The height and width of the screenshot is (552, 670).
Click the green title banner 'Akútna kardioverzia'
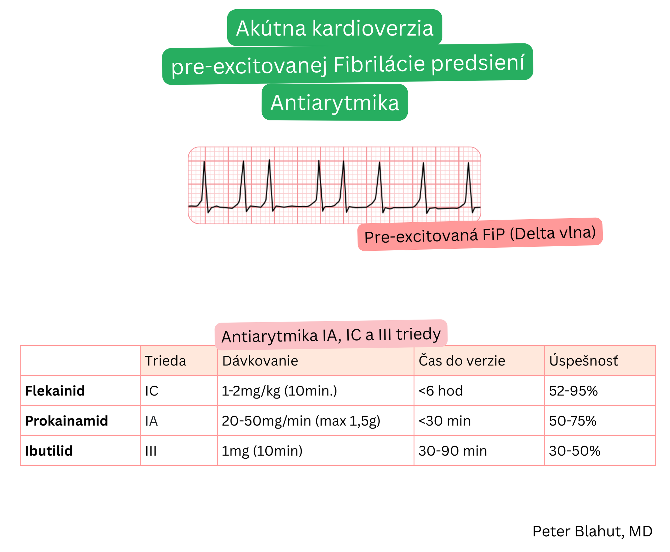pos(334,28)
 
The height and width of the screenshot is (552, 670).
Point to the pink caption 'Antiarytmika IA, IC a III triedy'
pos(331,335)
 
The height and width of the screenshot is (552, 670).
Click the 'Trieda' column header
pos(165,361)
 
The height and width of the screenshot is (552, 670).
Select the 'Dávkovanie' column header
pos(260,361)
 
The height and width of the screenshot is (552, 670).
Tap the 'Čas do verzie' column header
pos(461,361)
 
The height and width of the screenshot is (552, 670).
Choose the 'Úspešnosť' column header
pos(583,361)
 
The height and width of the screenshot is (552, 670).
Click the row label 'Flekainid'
pos(55,391)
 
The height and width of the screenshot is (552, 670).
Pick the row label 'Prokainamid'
pos(66,421)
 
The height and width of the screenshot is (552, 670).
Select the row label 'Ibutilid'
pos(49,451)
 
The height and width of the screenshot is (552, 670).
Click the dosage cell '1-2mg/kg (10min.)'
pos(279,391)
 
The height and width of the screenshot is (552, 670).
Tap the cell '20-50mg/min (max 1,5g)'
pos(301,421)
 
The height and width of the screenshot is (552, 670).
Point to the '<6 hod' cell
pos(440,391)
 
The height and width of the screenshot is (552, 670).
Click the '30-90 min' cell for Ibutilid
pos(453,451)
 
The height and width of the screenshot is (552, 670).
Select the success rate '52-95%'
pos(573,391)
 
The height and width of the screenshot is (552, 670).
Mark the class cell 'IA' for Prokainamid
pos(151,421)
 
